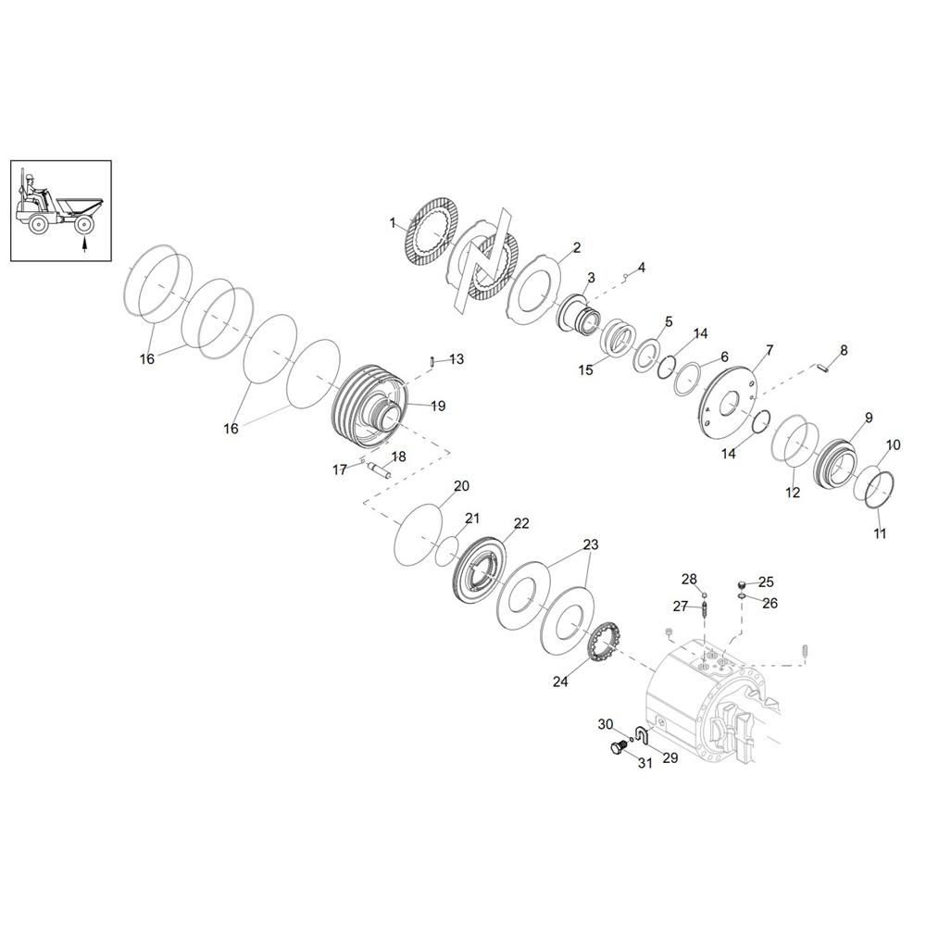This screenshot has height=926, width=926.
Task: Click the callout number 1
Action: tap(393, 223)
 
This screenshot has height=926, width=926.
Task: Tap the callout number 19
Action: tap(438, 406)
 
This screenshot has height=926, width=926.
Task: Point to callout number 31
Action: tap(645, 762)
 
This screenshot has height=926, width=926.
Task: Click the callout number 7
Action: tap(770, 351)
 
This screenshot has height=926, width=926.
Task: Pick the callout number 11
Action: tap(880, 533)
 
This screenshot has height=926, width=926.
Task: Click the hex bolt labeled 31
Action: tap(618, 748)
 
